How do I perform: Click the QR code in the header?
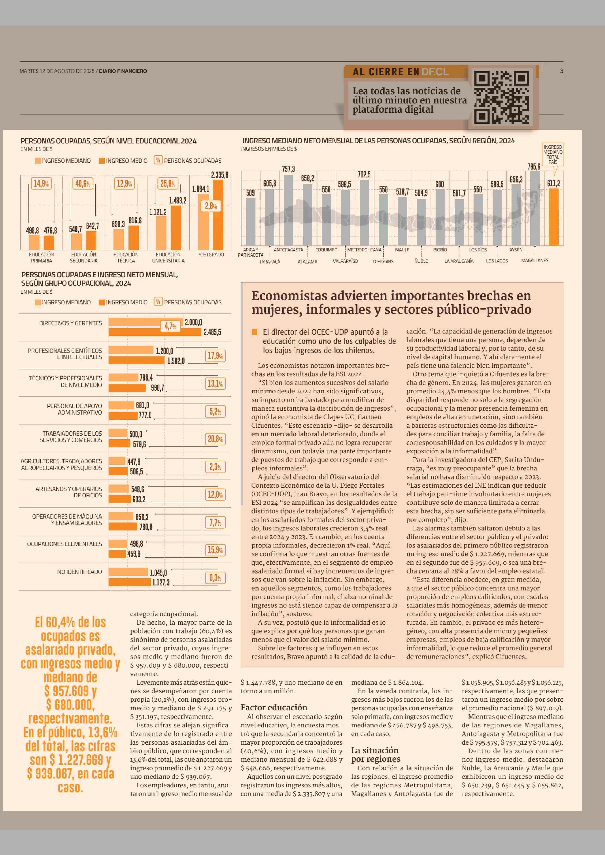(501, 98)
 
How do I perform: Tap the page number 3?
(561, 71)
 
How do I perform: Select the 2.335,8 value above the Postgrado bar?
(219, 175)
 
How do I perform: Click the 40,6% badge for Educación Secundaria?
(83, 183)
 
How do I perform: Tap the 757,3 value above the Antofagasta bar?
(288, 169)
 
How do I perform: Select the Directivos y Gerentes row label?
(70, 323)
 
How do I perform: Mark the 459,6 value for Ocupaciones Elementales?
(134, 554)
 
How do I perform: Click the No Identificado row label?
(79, 571)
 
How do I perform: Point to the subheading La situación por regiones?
(375, 754)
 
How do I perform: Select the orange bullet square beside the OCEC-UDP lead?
(255, 332)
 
